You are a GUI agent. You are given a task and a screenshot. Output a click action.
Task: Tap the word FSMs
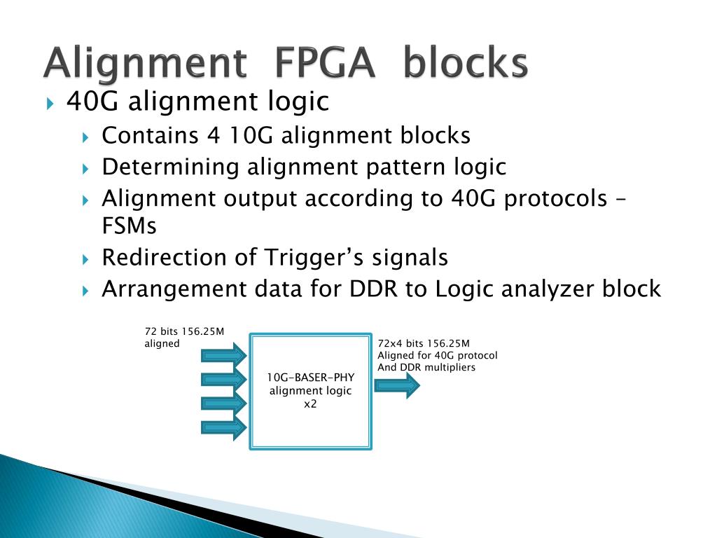130,226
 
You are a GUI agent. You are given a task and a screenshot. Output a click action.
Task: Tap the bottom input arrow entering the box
223,427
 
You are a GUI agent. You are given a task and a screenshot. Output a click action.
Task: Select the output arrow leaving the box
397,385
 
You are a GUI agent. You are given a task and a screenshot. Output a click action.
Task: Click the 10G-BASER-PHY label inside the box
310,378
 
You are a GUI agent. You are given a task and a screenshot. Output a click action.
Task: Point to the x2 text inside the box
310,404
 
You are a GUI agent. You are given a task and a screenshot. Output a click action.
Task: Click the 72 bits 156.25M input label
184,331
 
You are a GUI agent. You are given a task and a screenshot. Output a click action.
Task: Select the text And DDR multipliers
426,367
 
